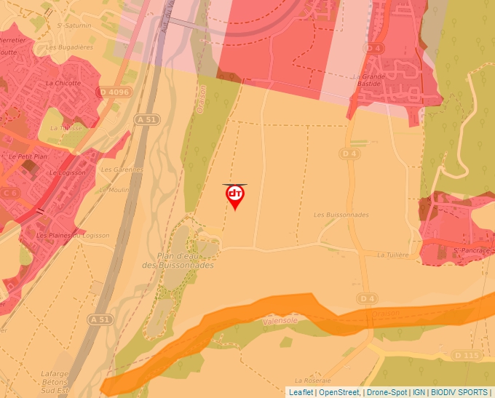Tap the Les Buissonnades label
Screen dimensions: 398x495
pyautogui.click(x=341, y=215)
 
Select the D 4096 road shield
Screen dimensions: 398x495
pyautogui.click(x=113, y=92)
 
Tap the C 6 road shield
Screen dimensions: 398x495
pyautogui.click(x=10, y=193)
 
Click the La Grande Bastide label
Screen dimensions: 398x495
pyautogui.click(x=368, y=80)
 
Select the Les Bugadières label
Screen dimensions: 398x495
pyautogui.click(x=70, y=47)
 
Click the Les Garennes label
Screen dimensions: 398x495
pyautogui.click(x=116, y=170)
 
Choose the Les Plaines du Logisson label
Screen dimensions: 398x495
pyautogui.click(x=73, y=236)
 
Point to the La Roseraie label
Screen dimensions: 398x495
pyautogui.click(x=314, y=381)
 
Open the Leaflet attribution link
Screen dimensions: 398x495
pyautogui.click(x=301, y=392)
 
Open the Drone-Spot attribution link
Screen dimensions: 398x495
pyautogui.click(x=388, y=392)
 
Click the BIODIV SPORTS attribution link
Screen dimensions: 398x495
pyautogui.click(x=460, y=392)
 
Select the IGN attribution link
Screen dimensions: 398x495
pyautogui.click(x=419, y=392)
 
